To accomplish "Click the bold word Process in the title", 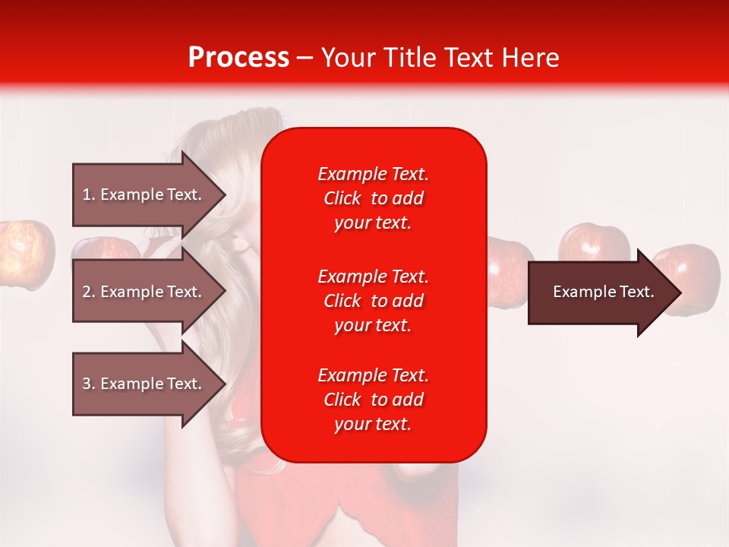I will (238, 58).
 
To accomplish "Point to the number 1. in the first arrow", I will (89, 194).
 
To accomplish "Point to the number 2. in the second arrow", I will (89, 292).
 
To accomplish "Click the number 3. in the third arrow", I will (89, 384).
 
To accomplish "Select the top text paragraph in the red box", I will (373, 198).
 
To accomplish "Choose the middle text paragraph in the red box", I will (373, 301).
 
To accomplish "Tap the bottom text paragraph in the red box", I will (373, 400).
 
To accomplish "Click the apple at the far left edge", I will (25, 255).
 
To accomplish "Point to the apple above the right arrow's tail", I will (593, 242).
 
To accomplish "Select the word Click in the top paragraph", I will (342, 198).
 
